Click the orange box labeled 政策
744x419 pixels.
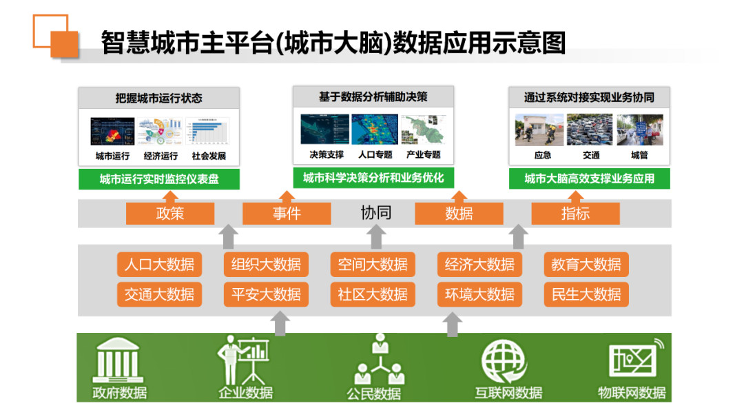click(170, 214)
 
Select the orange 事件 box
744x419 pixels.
click(287, 214)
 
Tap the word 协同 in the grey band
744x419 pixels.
click(375, 213)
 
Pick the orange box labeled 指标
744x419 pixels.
click(575, 214)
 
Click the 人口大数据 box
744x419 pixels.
click(159, 265)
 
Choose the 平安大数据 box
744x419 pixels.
click(266, 294)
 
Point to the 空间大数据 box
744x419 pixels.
click(373, 265)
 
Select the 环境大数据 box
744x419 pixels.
click(479, 294)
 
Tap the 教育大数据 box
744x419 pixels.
click(586, 265)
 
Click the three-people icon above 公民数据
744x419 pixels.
click(379, 360)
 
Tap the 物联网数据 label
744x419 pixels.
click(632, 393)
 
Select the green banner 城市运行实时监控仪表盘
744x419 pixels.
click(159, 180)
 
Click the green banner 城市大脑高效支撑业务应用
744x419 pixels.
click(589, 179)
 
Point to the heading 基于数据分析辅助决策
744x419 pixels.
click(373, 97)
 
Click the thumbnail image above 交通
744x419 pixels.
click(590, 130)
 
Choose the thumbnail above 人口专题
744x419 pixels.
click(374, 130)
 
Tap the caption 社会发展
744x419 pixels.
click(209, 156)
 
